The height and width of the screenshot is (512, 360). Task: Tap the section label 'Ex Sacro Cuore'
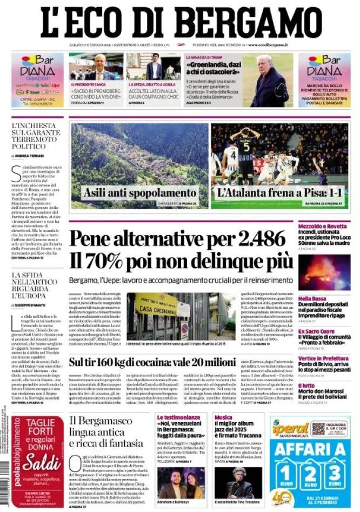pyautogui.click(x=316, y=330)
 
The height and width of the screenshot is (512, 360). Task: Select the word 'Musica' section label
pyautogui.click(x=223, y=417)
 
